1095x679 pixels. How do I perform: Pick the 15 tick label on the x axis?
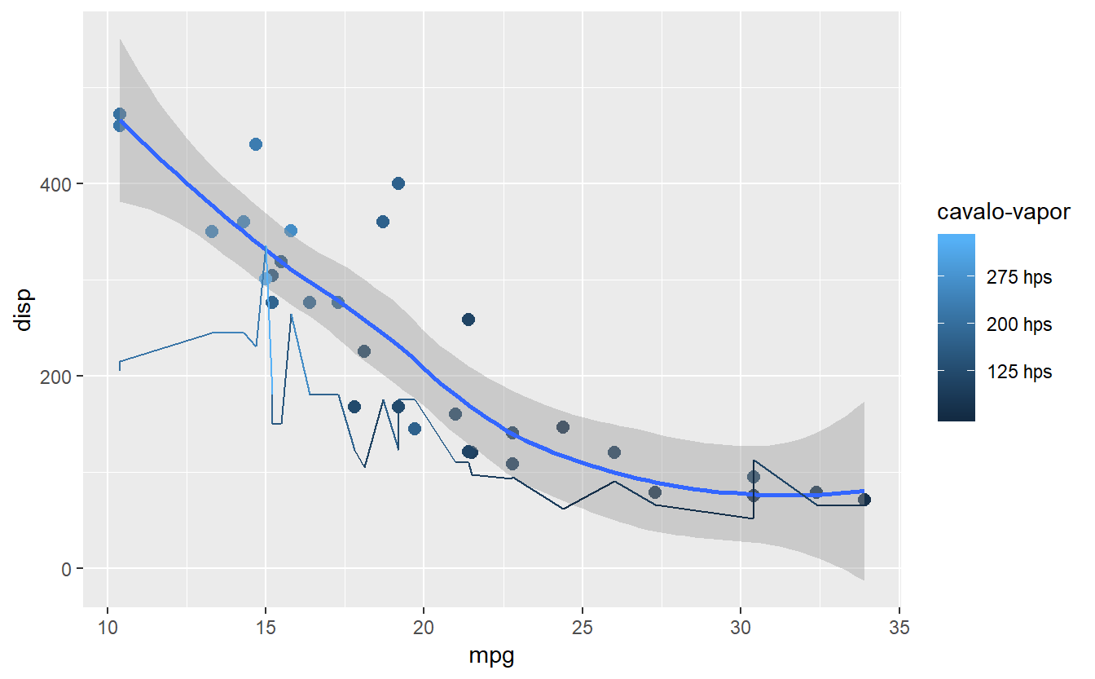pos(266,628)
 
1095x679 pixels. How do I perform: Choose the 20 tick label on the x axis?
pos(424,628)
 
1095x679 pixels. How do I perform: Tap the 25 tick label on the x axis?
pos(582,628)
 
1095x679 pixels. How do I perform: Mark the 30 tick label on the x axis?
pos(740,628)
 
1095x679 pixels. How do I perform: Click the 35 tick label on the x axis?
pos(898,628)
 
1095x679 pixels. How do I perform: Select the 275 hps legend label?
pos(1018,278)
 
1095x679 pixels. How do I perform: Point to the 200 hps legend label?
pos(1018,325)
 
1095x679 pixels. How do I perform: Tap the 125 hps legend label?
pos(1018,373)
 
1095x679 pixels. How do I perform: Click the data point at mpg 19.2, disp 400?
pos(398,183)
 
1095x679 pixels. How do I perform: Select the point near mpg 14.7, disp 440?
pos(256,144)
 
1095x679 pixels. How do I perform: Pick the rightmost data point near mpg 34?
pos(864,500)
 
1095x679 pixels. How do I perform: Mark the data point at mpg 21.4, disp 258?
pos(468,320)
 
